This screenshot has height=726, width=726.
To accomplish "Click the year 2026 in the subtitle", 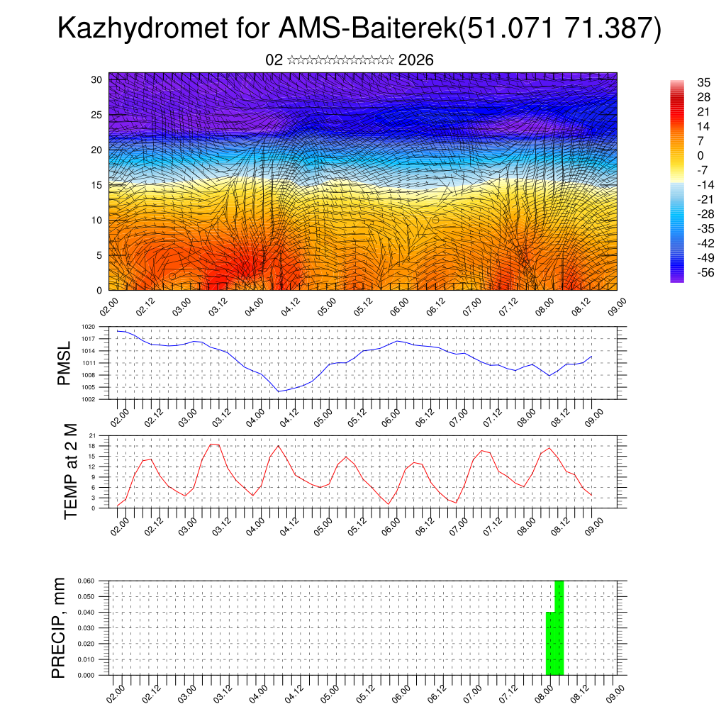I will point(416,60).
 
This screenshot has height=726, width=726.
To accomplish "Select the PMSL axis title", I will point(65,363).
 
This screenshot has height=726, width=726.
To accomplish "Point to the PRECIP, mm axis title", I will point(59,627).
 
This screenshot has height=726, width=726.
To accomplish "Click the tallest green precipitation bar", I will point(559,627).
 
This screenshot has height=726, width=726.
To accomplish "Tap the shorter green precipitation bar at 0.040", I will point(550,643).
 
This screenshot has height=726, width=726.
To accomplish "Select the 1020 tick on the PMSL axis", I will point(89,327).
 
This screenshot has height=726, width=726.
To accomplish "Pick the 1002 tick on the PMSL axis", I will point(89,399).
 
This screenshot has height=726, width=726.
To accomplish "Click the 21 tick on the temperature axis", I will point(92,435).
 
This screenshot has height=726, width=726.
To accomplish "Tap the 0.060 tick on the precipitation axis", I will point(86,581).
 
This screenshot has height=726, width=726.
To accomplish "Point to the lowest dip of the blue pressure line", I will point(279,391).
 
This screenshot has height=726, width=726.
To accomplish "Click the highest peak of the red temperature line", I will point(211,444).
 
